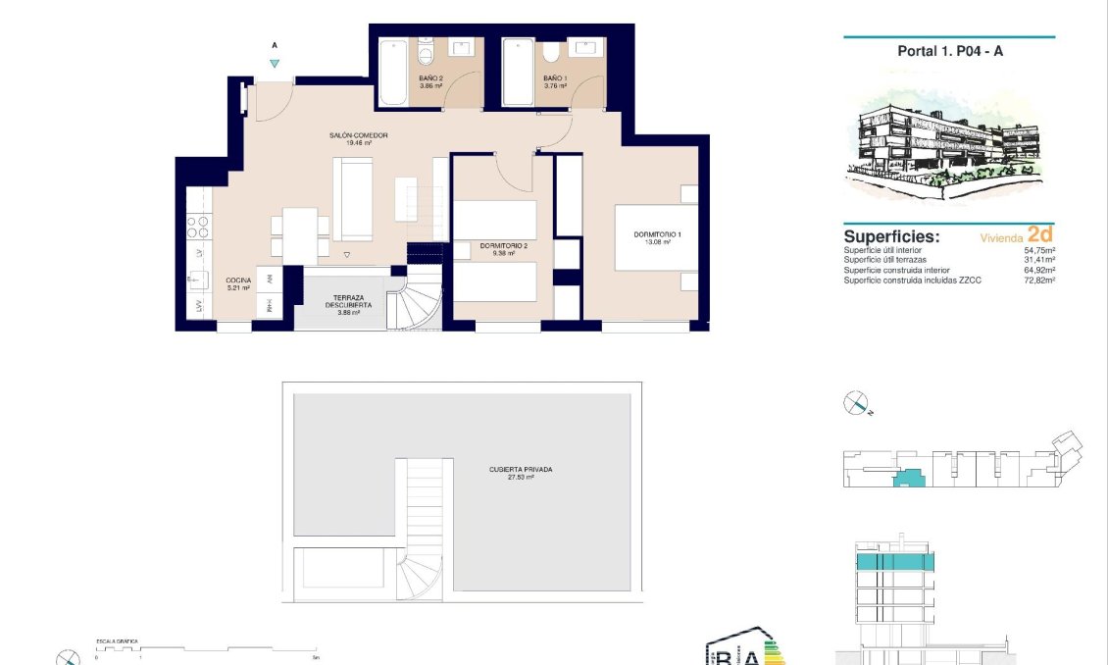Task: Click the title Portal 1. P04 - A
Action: [x=949, y=51]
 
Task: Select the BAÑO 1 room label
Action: [x=555, y=81]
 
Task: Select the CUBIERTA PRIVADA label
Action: [x=521, y=473]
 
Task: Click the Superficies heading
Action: [x=891, y=237]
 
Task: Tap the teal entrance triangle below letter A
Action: [x=275, y=64]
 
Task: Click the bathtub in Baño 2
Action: [x=393, y=72]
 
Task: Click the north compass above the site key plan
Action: [x=857, y=402]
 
